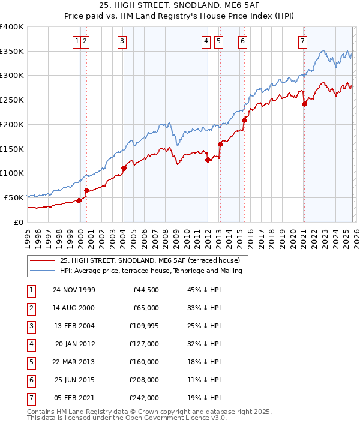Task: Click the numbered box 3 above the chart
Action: pyautogui.click(x=122, y=41)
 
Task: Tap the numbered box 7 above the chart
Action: pyautogui.click(x=302, y=41)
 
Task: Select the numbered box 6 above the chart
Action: pyautogui.click(x=242, y=41)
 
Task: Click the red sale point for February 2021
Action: pyautogui.click(x=304, y=104)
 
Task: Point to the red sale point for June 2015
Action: pyautogui.click(x=244, y=120)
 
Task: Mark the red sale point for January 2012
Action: pyautogui.click(x=208, y=160)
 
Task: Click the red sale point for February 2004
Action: pyautogui.click(x=124, y=168)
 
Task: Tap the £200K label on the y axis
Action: pyautogui.click(x=11, y=124)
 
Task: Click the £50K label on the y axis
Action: pyautogui.click(x=14, y=197)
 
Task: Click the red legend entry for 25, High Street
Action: pyautogui.click(x=149, y=260)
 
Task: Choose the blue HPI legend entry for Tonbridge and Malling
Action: pyautogui.click(x=151, y=271)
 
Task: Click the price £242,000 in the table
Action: pyautogui.click(x=145, y=398)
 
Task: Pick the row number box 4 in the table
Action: pyautogui.click(x=31, y=344)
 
